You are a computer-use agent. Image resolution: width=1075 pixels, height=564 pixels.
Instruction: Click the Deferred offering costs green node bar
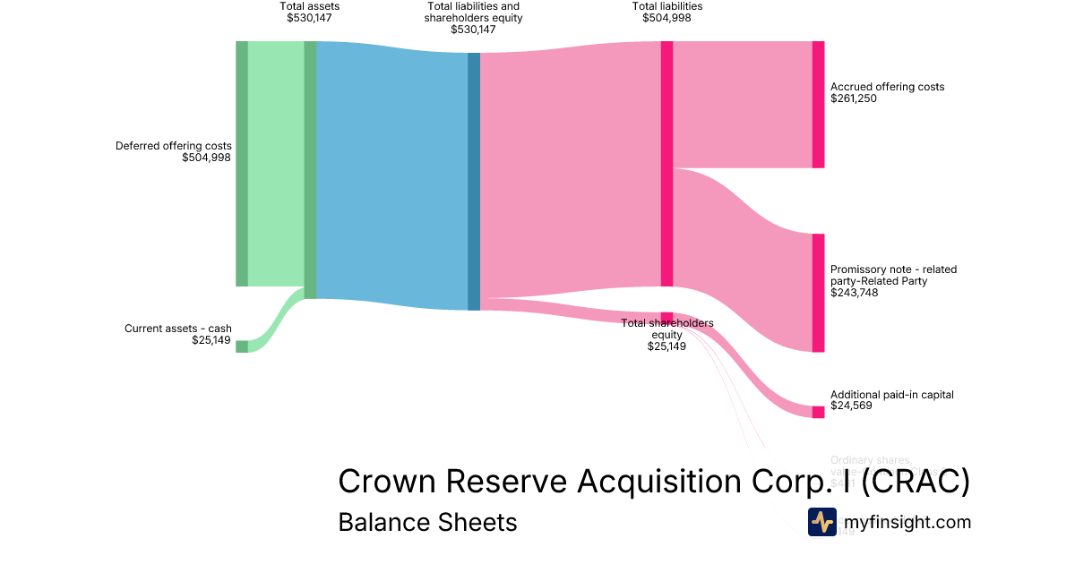pos(242,164)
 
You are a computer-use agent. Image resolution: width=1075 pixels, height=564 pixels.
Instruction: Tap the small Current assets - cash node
pos(242,346)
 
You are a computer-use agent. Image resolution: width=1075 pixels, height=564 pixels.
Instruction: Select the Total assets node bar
pos(310,170)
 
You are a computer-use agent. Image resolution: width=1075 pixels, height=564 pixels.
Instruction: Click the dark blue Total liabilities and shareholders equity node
pos(474,182)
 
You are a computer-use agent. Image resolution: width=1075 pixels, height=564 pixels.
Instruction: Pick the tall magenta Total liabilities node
pos(666,164)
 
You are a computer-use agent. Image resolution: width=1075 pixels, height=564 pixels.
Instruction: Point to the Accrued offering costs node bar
pos(818,105)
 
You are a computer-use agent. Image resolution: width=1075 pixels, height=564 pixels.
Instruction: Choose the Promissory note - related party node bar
pos(818,293)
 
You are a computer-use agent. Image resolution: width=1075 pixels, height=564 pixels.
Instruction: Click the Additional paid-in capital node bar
pos(818,412)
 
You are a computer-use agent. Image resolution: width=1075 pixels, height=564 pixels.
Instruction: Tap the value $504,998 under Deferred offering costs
pos(206,158)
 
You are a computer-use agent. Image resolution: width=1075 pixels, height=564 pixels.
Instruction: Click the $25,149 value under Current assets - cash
pos(211,340)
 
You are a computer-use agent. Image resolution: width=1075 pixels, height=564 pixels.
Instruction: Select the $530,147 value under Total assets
pos(309,17)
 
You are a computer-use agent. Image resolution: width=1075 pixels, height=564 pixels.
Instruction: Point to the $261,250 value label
pos(854,98)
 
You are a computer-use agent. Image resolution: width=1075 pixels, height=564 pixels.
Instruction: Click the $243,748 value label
pos(854,292)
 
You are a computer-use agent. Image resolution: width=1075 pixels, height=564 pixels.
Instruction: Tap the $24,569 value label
pos(851,406)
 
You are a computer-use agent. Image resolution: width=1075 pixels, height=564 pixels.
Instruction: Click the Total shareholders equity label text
pos(667,329)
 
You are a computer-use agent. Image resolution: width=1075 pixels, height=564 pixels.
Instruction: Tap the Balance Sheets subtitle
pos(427,522)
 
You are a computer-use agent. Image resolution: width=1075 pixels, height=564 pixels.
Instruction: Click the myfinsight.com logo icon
pos(821,522)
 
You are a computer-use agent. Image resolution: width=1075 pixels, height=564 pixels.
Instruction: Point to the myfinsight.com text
pos(907,522)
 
